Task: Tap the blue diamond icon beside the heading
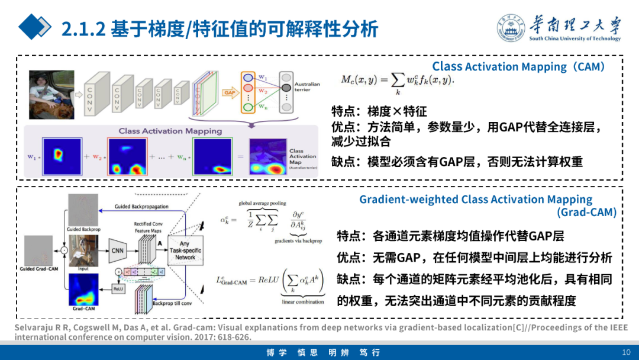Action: [x=35, y=27]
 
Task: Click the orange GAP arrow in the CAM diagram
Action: [x=228, y=92]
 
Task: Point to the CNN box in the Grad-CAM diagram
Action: [x=118, y=250]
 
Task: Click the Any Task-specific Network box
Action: [x=185, y=250]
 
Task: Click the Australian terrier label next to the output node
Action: [x=307, y=86]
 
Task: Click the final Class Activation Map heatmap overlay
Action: [x=267, y=157]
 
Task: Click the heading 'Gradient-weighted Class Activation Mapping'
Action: [x=476, y=200]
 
